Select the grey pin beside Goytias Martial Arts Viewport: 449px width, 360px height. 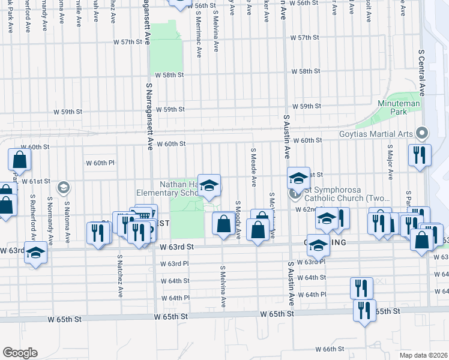point(422,133)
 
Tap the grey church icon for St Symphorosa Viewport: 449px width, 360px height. point(295,193)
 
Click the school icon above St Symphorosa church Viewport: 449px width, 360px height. point(298,178)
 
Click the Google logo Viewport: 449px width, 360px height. point(20,353)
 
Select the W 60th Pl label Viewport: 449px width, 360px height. point(99,163)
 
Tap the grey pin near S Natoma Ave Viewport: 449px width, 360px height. point(62,188)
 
